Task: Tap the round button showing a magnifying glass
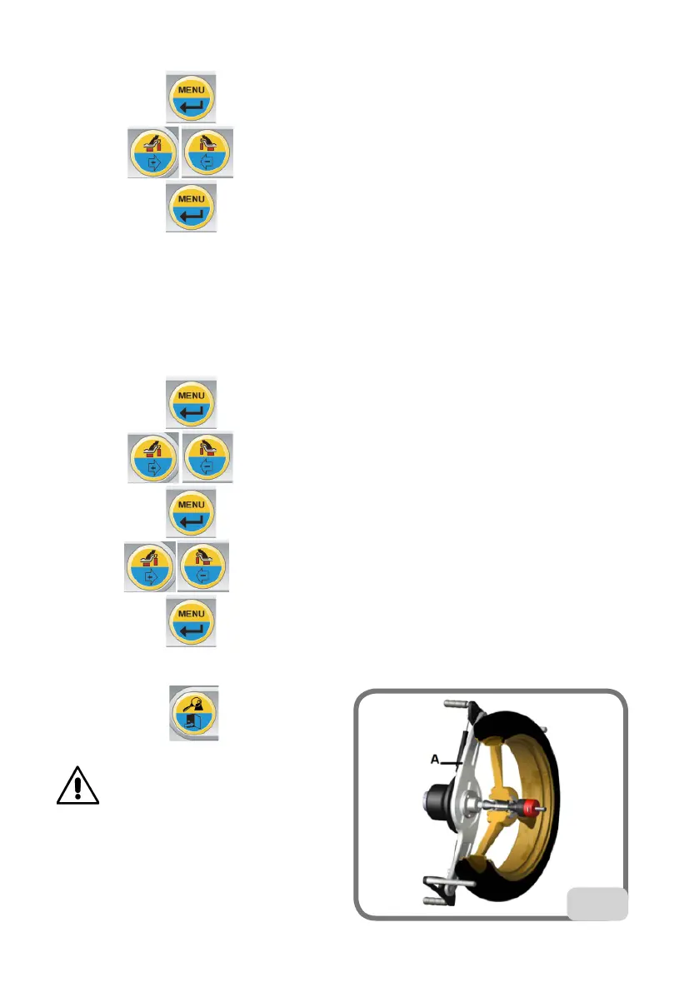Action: (193, 713)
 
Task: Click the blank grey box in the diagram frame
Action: (597, 904)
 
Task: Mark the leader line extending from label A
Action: (451, 761)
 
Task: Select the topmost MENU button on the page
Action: (192, 97)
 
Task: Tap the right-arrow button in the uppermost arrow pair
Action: (152, 152)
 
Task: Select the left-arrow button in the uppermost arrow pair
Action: (207, 152)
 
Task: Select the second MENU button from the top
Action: (192, 208)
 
